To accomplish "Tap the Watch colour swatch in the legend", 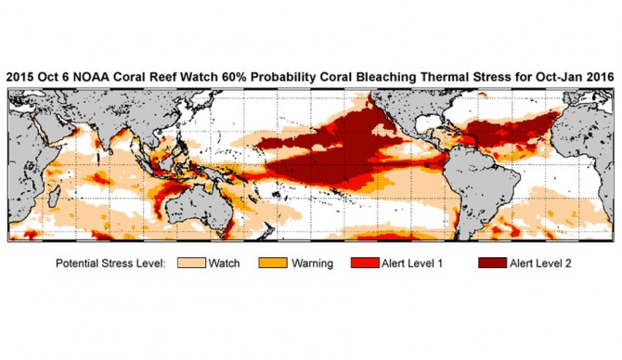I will coord(190,264).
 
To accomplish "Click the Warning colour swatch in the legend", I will coord(269,264).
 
